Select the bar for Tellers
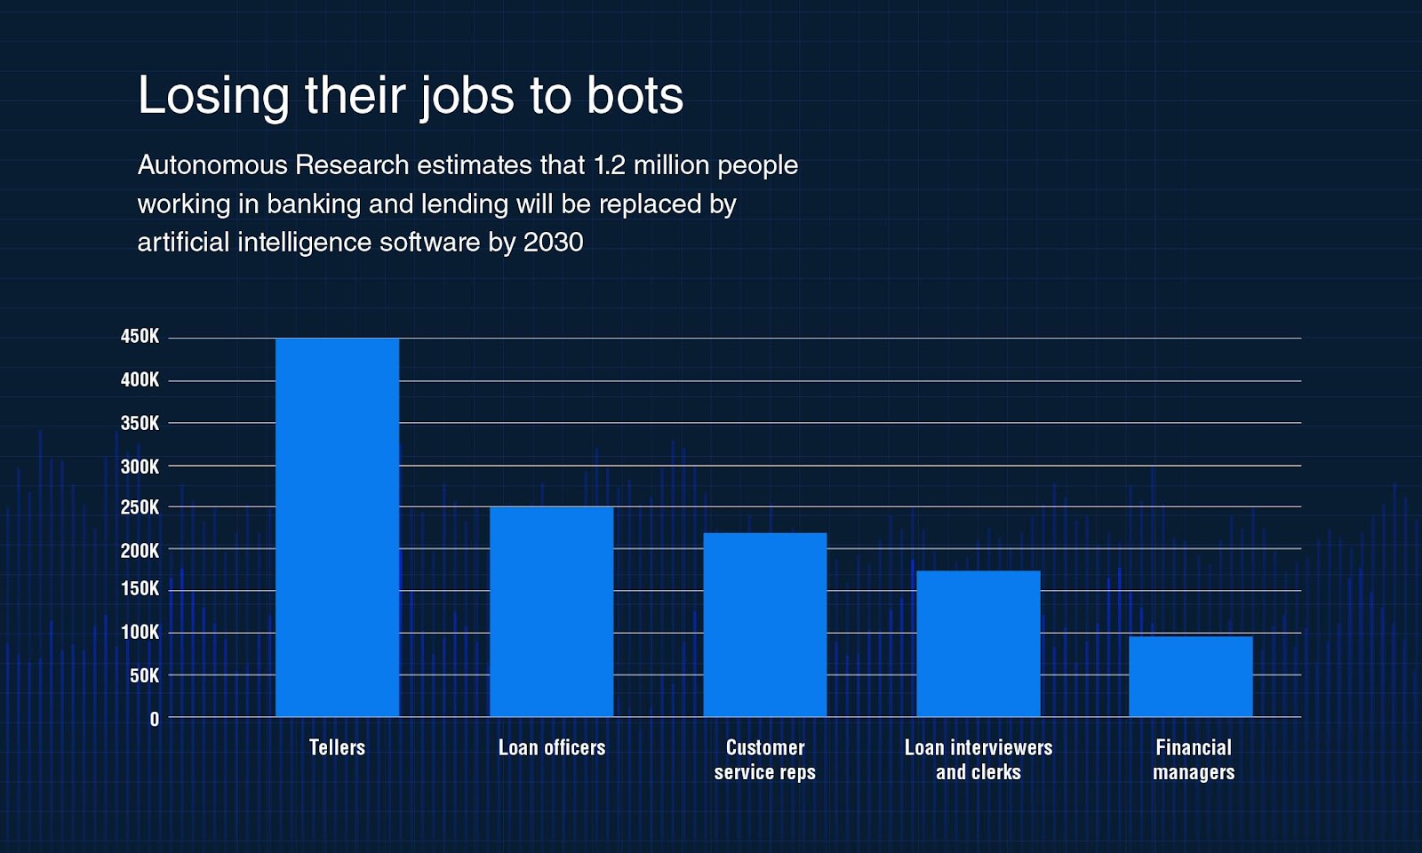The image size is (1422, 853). pyautogui.click(x=337, y=527)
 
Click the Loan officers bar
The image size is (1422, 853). pyautogui.click(x=551, y=611)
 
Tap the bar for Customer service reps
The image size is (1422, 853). pyautogui.click(x=764, y=625)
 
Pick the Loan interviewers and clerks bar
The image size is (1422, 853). pyautogui.click(x=978, y=643)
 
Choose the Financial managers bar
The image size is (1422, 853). pyautogui.click(x=1190, y=676)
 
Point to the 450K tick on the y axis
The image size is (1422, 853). pyautogui.click(x=140, y=337)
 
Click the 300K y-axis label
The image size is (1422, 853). pyautogui.click(x=140, y=466)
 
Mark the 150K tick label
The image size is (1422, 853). pyautogui.click(x=140, y=589)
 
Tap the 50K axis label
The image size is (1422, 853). pyautogui.click(x=144, y=676)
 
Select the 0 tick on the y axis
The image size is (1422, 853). pyautogui.click(x=155, y=720)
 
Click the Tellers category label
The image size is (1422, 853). pyautogui.click(x=337, y=747)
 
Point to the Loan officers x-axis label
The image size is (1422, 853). pyautogui.click(x=551, y=747)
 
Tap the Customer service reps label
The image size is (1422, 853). pyautogui.click(x=764, y=760)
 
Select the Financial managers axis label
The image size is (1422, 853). pyautogui.click(x=1193, y=760)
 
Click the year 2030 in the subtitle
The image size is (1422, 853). pyautogui.click(x=553, y=242)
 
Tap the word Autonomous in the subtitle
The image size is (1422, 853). pyautogui.click(x=212, y=165)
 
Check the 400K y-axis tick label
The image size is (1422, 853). pyautogui.click(x=140, y=380)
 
